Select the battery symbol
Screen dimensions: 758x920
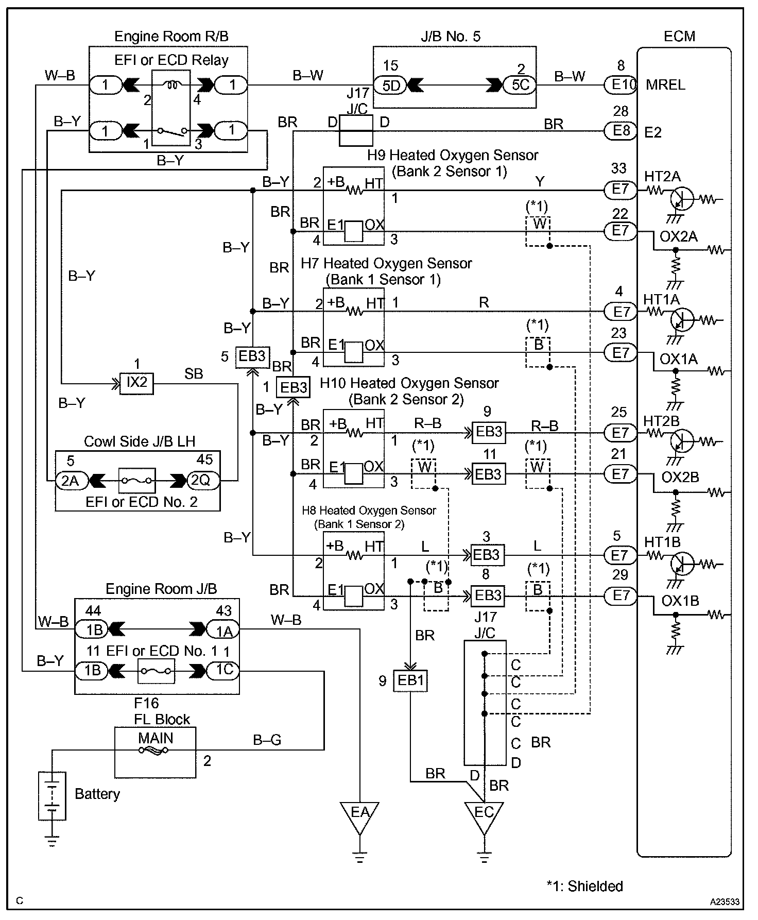pos(52,795)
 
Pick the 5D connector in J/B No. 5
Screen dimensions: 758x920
pos(391,85)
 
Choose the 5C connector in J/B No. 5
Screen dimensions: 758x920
pos(520,85)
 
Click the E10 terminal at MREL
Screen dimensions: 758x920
pos(622,84)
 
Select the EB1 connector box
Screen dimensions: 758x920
pos(410,680)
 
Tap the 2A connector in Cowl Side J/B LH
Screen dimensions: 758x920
pos(71,481)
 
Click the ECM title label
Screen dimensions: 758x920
pos(679,37)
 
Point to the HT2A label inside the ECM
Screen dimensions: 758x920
pos(662,177)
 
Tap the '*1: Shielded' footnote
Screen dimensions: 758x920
pos(585,886)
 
